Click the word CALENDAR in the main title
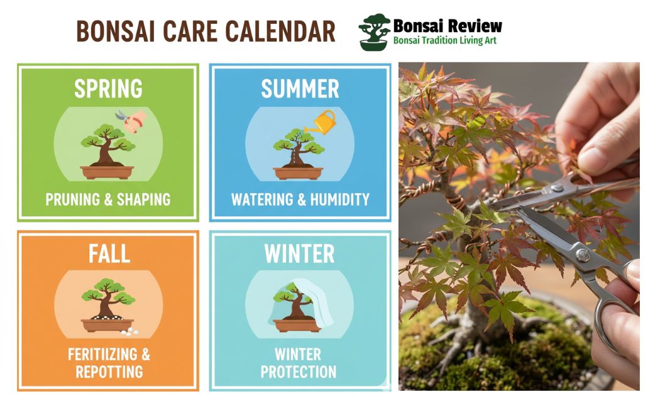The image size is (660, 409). (x=280, y=31)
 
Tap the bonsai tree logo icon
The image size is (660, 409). (x=374, y=32)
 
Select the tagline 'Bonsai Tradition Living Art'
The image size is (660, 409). (x=445, y=41)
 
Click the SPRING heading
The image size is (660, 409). (x=108, y=89)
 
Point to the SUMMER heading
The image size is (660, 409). (x=300, y=89)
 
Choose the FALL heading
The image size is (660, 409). (x=109, y=254)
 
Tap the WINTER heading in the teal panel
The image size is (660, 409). (x=299, y=254)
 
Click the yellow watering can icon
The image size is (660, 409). (x=323, y=122)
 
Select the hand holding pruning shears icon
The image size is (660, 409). (x=132, y=120)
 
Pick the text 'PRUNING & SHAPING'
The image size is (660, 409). (x=108, y=199)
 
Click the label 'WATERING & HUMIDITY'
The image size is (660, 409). (x=300, y=199)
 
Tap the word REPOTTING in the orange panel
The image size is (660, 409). (x=109, y=372)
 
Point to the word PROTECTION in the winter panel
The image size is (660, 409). (x=299, y=372)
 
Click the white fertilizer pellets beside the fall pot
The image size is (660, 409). (x=129, y=332)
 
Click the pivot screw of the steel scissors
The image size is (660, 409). (x=583, y=254)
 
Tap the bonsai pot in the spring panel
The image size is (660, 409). (x=107, y=172)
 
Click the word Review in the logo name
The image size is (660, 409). (x=475, y=26)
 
